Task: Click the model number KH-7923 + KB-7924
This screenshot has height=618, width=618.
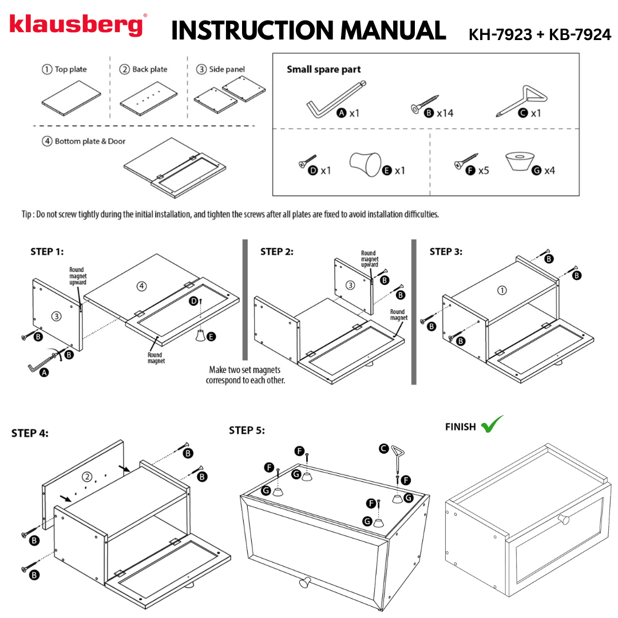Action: click(540, 35)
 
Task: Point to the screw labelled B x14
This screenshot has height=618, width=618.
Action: click(425, 105)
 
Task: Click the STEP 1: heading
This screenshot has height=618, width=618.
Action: click(47, 251)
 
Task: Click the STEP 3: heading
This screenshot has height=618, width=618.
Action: click(446, 251)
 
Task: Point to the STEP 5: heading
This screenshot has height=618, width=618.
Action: click(247, 430)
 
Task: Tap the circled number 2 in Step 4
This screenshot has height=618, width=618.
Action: click(87, 476)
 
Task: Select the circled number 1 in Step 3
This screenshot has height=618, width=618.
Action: click(502, 290)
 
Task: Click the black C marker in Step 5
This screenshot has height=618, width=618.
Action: click(385, 449)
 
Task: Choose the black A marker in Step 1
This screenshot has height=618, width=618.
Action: click(44, 373)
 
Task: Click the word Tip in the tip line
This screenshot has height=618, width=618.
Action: click(27, 214)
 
